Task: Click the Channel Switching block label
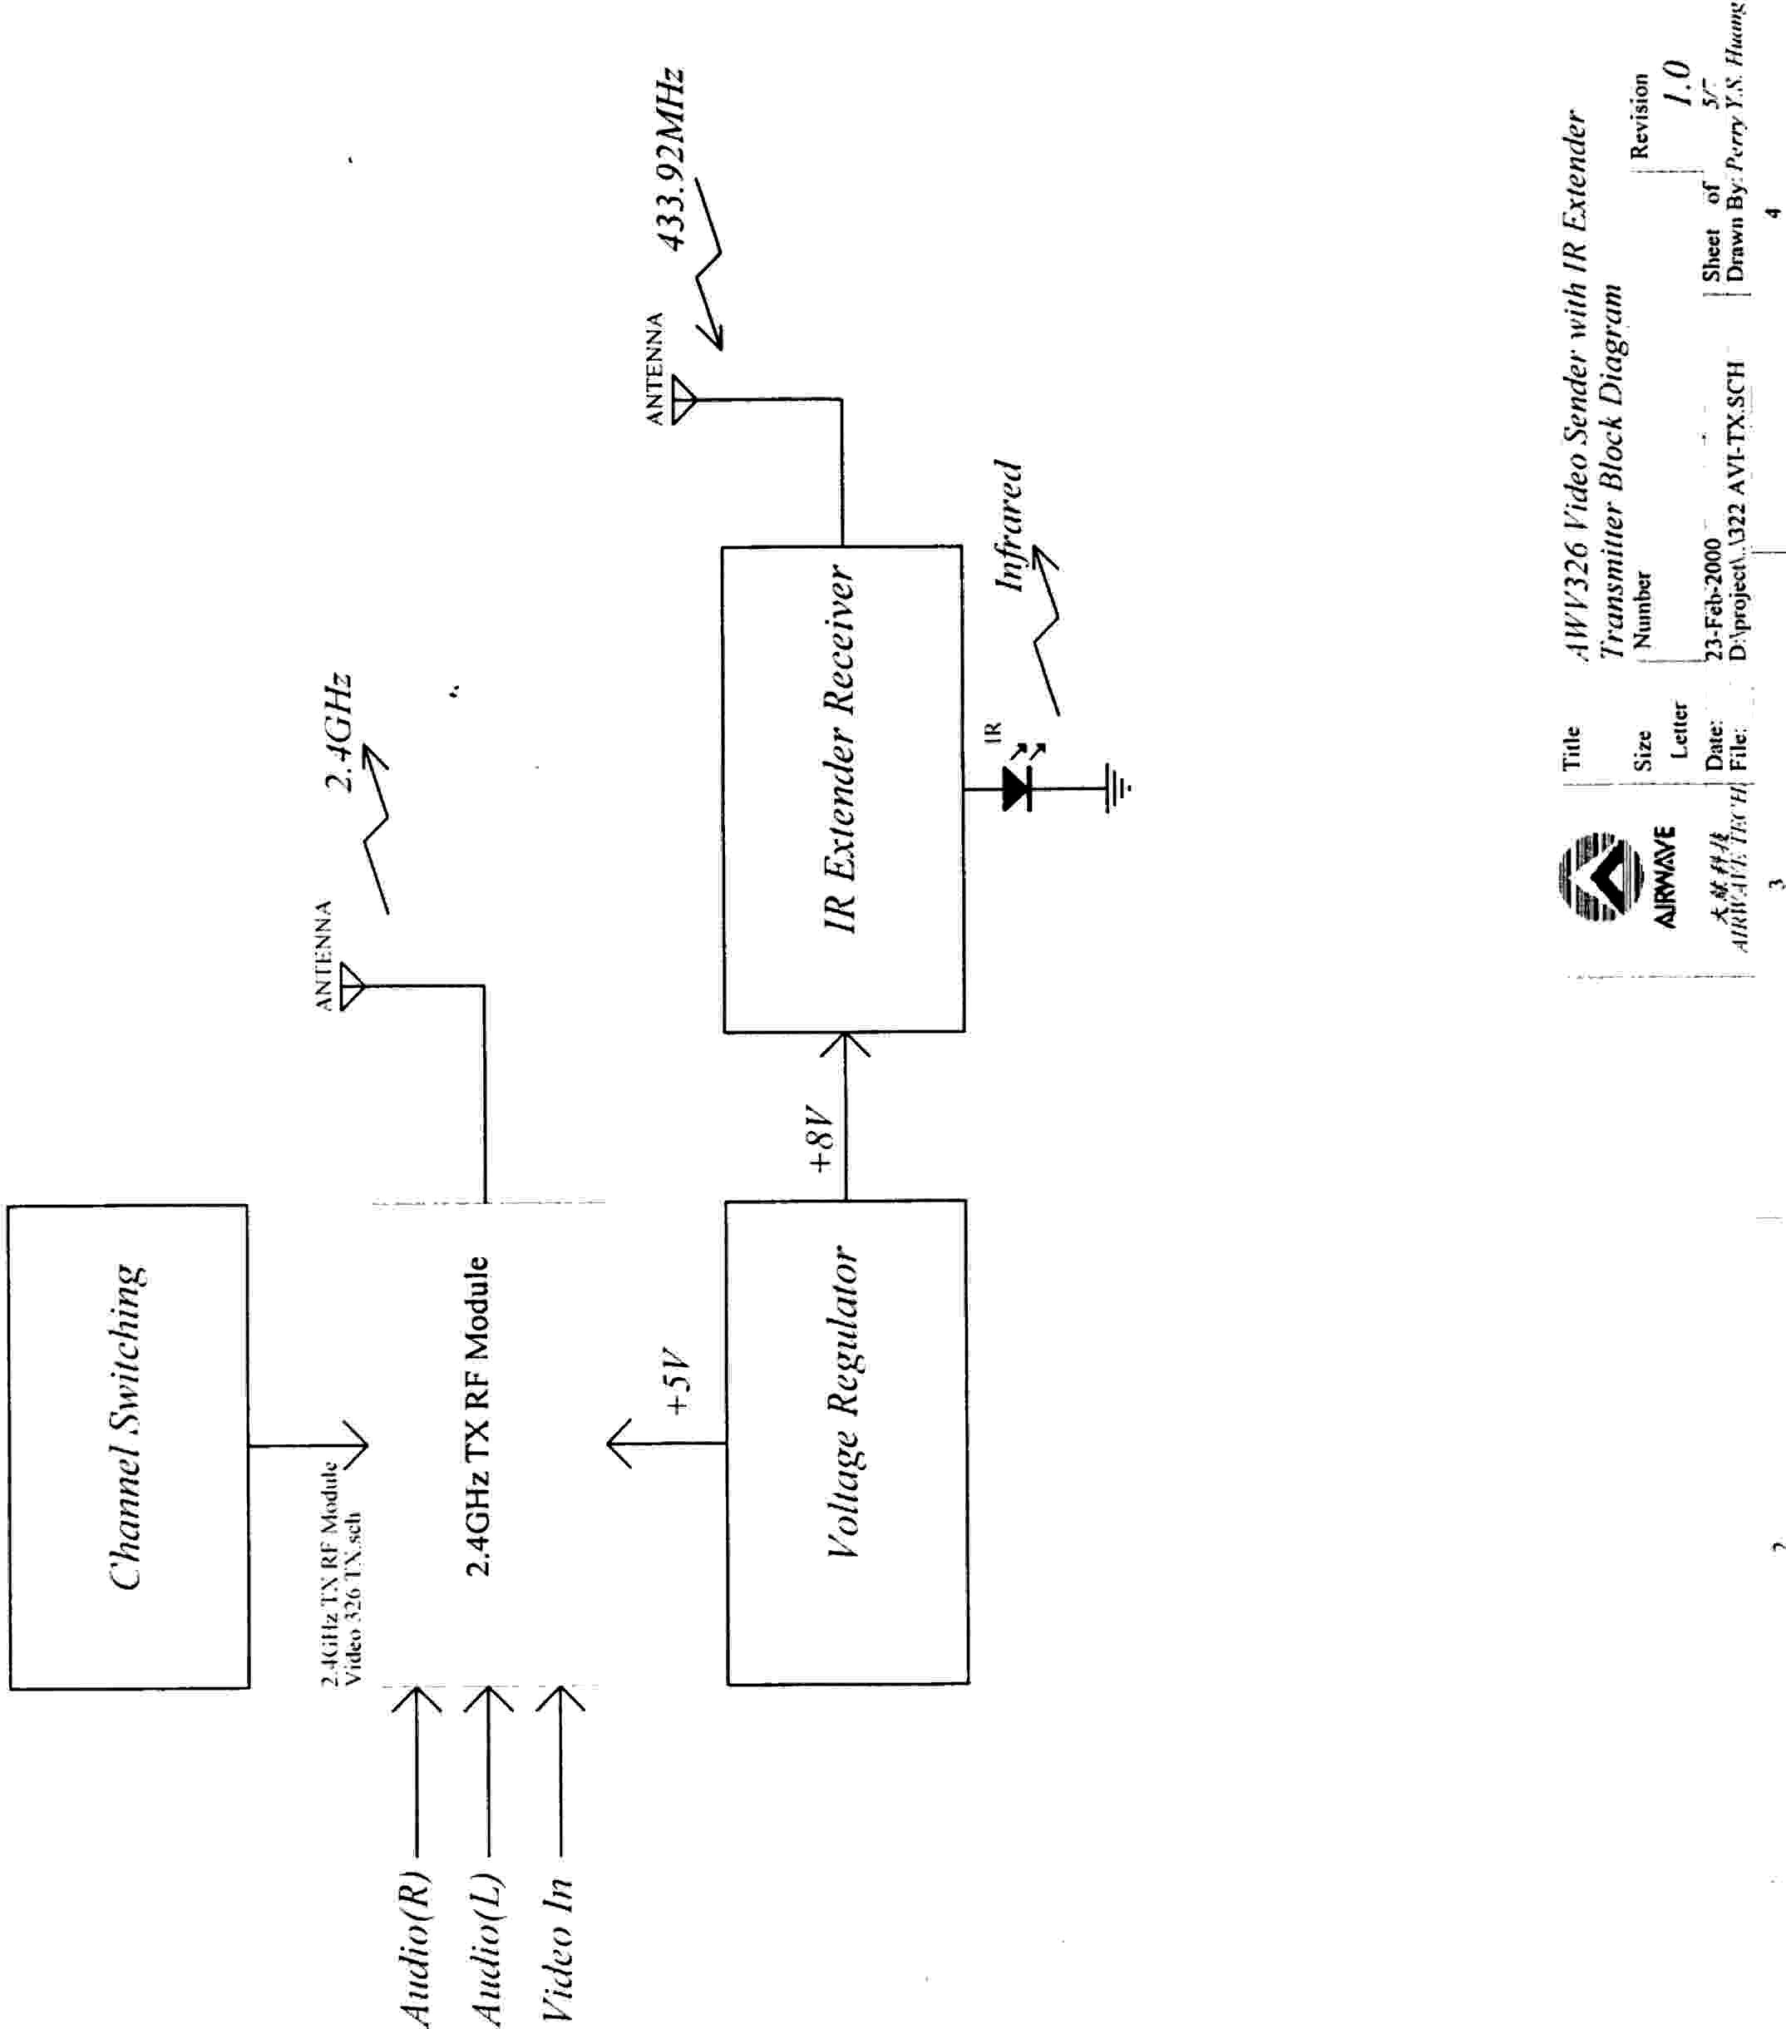[x=126, y=1440]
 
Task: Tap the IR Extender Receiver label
[x=840, y=748]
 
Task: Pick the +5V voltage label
[x=677, y=1380]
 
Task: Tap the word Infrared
[x=1009, y=526]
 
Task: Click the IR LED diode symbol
[x=1015, y=789]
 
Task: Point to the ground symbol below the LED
[x=1117, y=789]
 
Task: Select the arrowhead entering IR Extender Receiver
[x=845, y=1044]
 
